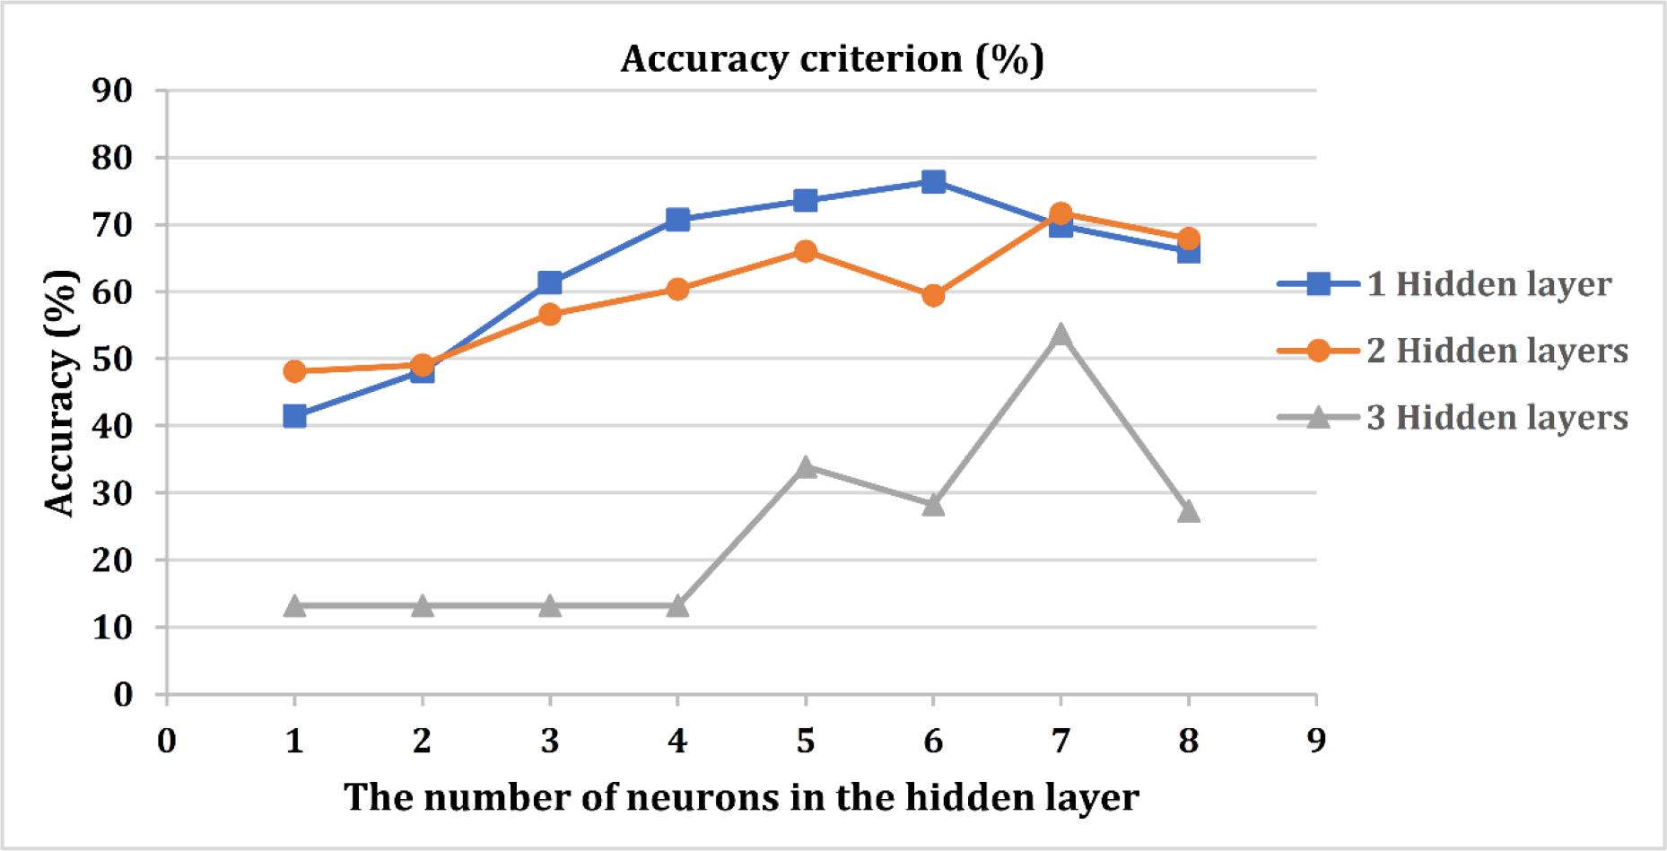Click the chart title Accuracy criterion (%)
pos(832,59)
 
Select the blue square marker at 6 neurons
pos(933,182)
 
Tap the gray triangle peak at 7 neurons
pos(1060,334)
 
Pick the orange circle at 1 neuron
pos(294,371)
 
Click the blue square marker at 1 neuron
pos(294,416)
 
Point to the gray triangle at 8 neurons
pos(1188,511)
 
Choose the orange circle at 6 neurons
pos(933,295)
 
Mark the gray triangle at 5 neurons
pos(805,466)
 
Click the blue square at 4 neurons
pos(677,220)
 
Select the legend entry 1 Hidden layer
pos(1444,285)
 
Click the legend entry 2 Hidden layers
pos(1453,351)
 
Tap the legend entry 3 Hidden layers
pos(1453,417)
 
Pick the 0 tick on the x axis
pos(166,742)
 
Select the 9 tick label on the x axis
pos(1316,742)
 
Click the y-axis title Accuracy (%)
pos(61,393)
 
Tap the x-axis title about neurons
pos(741,796)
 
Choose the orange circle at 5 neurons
pos(805,251)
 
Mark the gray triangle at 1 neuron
pos(294,606)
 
